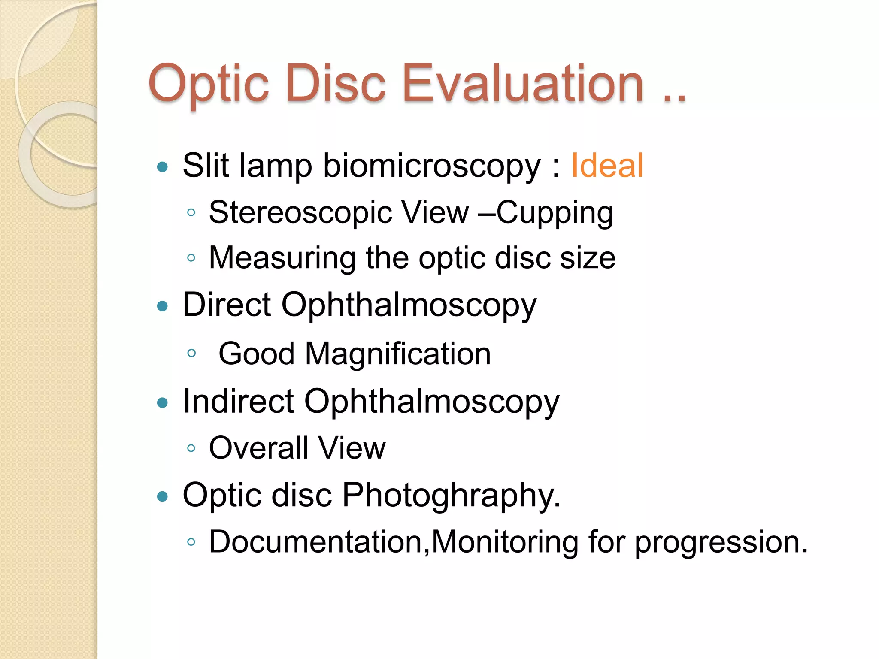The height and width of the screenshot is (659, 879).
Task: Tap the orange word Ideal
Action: coord(606,166)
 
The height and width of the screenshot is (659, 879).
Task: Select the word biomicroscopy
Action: coord(431,166)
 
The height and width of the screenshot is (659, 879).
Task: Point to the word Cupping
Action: coord(555,213)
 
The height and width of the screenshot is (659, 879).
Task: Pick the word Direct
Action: coord(227,305)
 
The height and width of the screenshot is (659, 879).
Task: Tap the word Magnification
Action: coord(397,354)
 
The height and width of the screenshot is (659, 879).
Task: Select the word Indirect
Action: coord(238,402)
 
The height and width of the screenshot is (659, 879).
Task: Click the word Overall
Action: coord(258,448)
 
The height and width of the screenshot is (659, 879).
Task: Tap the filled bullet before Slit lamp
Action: coord(162,166)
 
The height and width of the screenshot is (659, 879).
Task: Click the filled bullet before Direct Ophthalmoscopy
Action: coord(162,306)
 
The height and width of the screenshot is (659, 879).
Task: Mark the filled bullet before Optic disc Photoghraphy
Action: coord(162,496)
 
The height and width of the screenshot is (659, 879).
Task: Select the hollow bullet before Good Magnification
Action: coord(191,353)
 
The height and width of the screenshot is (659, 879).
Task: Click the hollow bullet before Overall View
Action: coord(191,448)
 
